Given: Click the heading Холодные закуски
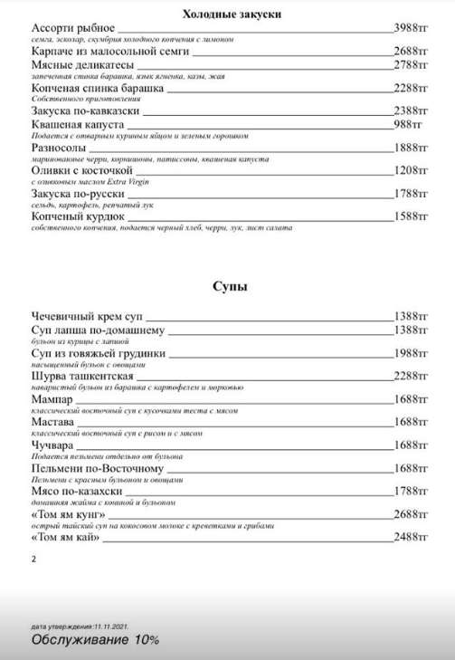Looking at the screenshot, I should [x=228, y=14].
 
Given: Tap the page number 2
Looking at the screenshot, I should [x=34, y=560].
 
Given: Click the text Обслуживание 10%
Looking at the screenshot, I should [x=95, y=639].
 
